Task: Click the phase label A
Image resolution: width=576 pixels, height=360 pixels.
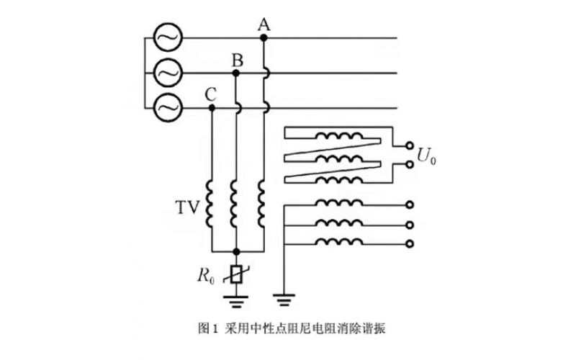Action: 264,25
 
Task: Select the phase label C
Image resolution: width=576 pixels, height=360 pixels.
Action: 210,94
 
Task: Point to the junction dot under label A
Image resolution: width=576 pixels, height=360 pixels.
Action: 264,37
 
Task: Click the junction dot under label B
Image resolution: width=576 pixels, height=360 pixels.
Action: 237,73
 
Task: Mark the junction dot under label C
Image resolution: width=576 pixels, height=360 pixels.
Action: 211,107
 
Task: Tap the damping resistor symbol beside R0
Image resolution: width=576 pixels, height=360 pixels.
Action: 237,274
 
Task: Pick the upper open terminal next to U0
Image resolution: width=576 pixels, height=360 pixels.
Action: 410,143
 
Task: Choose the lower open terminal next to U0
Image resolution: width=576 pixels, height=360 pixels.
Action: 410,164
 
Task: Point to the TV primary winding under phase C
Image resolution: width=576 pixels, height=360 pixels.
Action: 211,204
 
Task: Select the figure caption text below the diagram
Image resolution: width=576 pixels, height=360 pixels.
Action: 287,328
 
